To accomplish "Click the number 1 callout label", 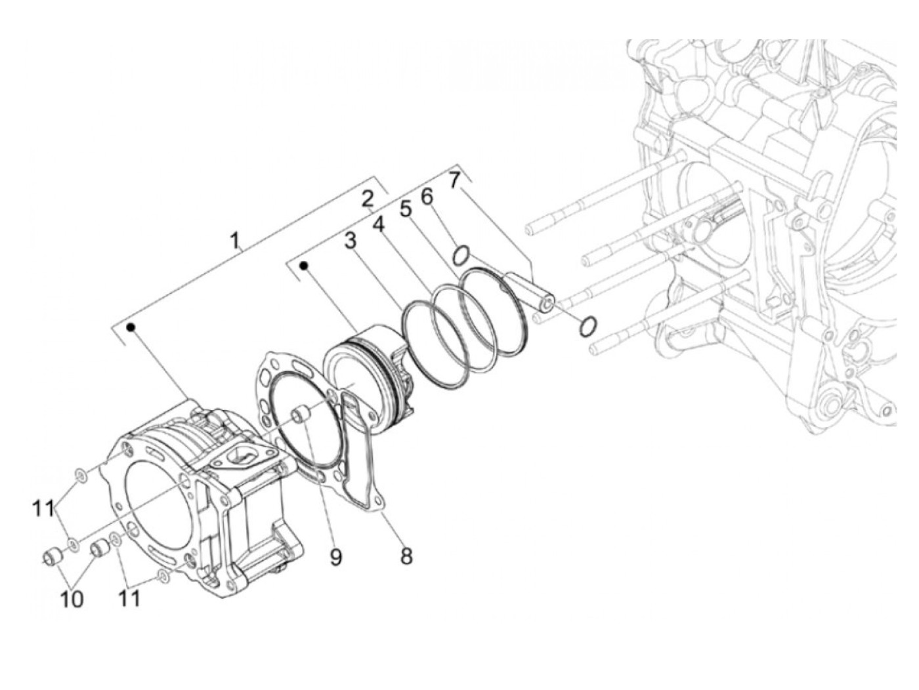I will (234, 241).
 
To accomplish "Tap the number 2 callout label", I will (368, 199).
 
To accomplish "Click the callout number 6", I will (427, 195).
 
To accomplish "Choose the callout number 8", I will (406, 556).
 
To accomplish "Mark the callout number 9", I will (335, 557).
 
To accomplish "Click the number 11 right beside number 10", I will (129, 598).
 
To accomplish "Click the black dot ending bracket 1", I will (131, 326).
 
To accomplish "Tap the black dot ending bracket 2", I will (304, 266).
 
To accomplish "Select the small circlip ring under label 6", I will (461, 253).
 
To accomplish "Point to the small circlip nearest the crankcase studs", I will (588, 325).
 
